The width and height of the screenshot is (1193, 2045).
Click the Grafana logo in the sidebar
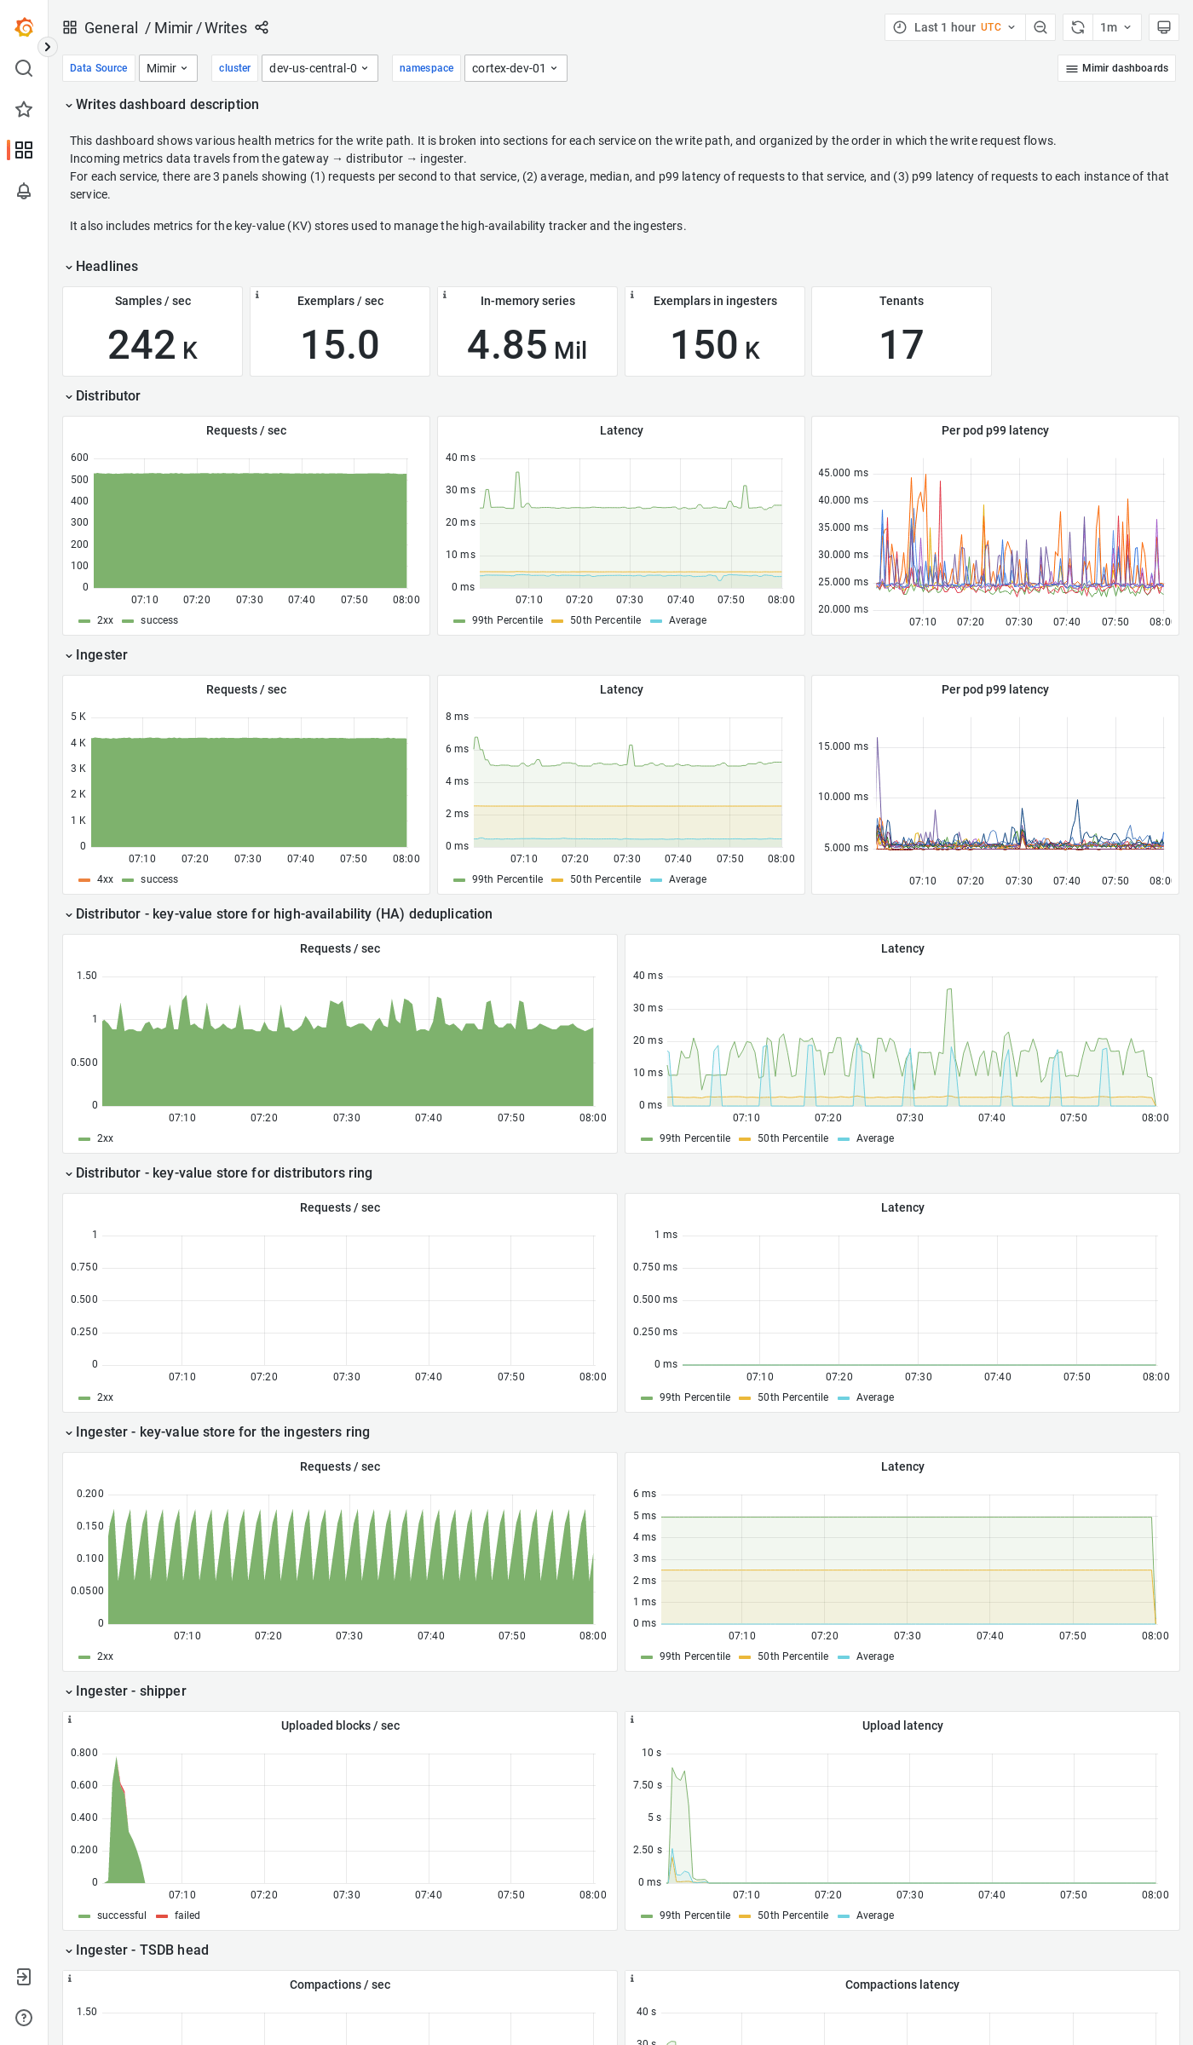tap(24, 27)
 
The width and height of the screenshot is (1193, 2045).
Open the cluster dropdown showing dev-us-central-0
tap(319, 68)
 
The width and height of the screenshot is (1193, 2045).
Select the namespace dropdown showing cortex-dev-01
tap(515, 68)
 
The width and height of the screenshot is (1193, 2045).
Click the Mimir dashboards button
tap(1116, 68)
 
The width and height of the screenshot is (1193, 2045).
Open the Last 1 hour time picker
tap(954, 27)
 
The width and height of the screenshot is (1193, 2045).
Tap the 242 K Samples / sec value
tap(153, 345)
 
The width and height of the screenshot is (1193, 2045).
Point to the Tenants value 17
tap(901, 345)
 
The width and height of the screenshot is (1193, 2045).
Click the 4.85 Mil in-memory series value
tap(527, 345)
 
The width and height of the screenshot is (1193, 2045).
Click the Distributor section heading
tap(107, 396)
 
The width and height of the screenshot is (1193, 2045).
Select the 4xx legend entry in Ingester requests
tap(105, 879)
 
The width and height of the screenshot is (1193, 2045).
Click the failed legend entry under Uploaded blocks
tap(187, 1915)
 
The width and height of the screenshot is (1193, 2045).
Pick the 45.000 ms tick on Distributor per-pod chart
tap(843, 473)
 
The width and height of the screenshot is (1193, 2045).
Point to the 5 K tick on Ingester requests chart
tap(78, 717)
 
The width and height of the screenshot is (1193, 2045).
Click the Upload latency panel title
tap(902, 1725)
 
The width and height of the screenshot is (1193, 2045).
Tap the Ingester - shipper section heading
tap(130, 1691)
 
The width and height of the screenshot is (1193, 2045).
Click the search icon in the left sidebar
tap(24, 68)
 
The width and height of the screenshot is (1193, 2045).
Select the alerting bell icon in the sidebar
tap(24, 191)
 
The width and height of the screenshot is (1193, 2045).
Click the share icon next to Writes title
tap(262, 27)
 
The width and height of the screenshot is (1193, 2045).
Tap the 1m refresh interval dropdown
tap(1115, 27)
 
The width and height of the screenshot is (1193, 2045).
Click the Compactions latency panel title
tap(902, 1985)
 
